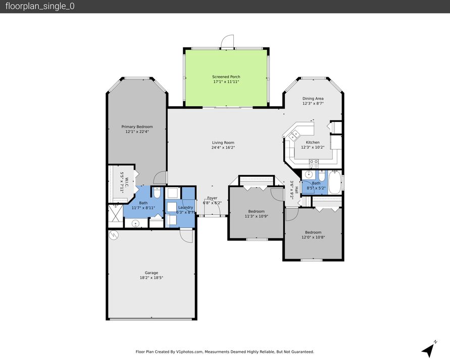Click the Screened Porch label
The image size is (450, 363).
[x=226, y=77]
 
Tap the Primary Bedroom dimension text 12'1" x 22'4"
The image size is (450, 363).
[x=137, y=132]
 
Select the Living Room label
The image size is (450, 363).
[x=223, y=143]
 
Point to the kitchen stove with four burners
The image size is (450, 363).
[x=314, y=163]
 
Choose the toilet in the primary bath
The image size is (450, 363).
[x=157, y=193]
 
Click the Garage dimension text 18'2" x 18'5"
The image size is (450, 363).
[x=152, y=278]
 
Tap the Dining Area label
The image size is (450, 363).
[x=313, y=98]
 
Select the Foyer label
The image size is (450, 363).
[x=213, y=198]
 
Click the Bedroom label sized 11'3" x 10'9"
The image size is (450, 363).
[x=256, y=211]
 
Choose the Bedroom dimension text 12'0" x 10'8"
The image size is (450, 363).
[x=313, y=237]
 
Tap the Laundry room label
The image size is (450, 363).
[x=186, y=208]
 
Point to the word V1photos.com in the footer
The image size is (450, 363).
[x=188, y=352]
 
